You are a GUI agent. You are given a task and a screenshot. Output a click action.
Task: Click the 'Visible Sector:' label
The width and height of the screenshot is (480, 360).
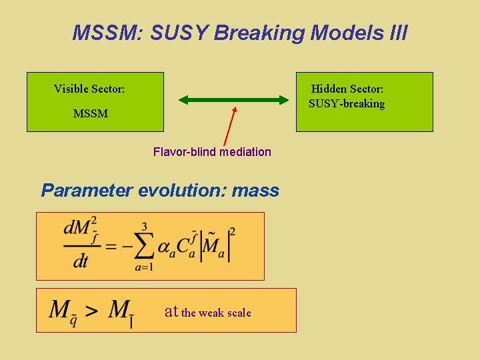89,89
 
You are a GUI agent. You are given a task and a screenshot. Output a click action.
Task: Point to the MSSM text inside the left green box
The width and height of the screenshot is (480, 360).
91,114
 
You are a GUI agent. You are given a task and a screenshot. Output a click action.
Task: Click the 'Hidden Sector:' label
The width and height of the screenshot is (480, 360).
347,89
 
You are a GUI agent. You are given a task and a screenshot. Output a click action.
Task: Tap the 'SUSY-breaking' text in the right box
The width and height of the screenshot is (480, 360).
347,104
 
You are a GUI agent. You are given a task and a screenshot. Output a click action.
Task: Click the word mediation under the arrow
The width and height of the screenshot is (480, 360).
245,152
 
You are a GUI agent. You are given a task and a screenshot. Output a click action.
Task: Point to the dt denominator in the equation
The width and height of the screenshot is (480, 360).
81,261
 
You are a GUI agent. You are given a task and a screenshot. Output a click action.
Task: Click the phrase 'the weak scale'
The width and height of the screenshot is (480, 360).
216,313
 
